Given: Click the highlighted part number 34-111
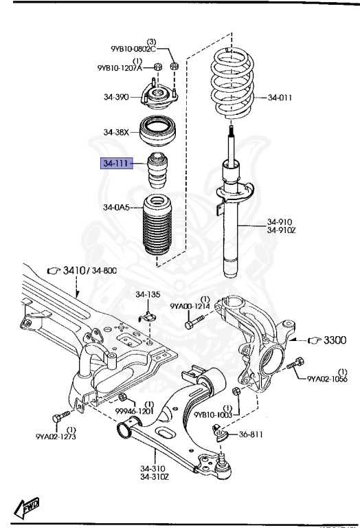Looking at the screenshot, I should pyautogui.click(x=115, y=165).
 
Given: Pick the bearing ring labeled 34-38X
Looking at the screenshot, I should pyautogui.click(x=159, y=131).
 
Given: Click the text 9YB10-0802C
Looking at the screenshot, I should pyautogui.click(x=133, y=49).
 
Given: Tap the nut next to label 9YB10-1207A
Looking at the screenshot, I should pyautogui.click(x=157, y=67).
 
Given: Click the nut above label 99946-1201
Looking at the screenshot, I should pyautogui.click(x=122, y=399).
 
